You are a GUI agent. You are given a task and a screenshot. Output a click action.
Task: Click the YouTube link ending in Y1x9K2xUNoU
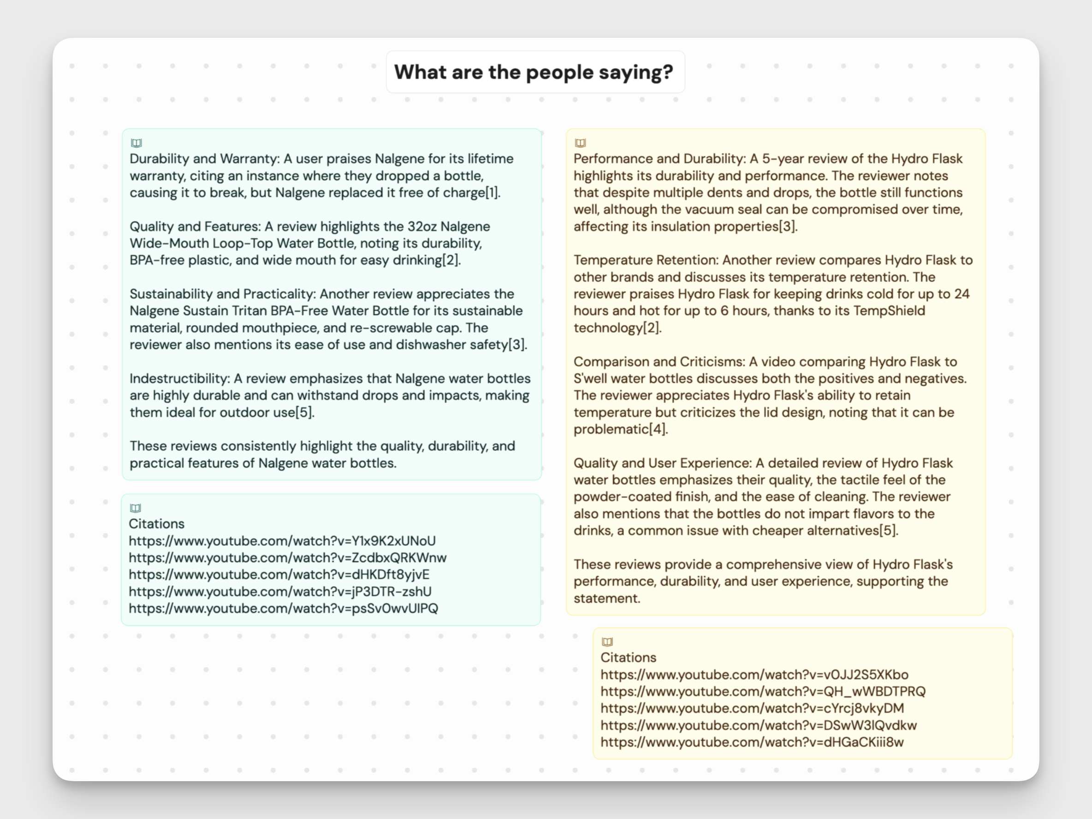(x=282, y=541)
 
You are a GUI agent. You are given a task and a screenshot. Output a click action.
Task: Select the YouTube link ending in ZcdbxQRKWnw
(x=287, y=558)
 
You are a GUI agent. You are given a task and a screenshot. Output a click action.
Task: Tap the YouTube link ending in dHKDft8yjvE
(x=279, y=575)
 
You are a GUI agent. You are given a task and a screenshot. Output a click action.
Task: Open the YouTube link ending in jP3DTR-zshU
(x=280, y=591)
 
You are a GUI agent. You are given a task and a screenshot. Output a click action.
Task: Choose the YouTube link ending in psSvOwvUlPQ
(x=283, y=609)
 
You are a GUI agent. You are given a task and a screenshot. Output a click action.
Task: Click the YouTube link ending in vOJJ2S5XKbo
(x=754, y=675)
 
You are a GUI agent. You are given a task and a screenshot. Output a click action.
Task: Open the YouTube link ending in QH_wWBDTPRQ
(x=763, y=692)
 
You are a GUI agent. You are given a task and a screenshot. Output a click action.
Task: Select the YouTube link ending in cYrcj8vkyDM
(x=752, y=708)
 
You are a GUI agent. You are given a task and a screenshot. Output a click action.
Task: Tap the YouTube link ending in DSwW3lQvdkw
(x=758, y=726)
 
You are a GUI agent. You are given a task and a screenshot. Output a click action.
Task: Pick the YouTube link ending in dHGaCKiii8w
(x=752, y=742)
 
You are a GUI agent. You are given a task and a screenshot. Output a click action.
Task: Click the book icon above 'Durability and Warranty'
(x=136, y=143)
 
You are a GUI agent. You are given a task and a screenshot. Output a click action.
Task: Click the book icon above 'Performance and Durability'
(x=581, y=143)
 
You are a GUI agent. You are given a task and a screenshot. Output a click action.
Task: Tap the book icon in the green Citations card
(x=135, y=508)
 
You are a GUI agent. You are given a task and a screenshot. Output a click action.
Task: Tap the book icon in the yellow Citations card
(x=607, y=642)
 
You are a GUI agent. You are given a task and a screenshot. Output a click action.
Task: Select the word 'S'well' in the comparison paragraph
(x=591, y=379)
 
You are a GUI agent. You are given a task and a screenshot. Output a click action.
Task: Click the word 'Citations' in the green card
(x=156, y=524)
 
